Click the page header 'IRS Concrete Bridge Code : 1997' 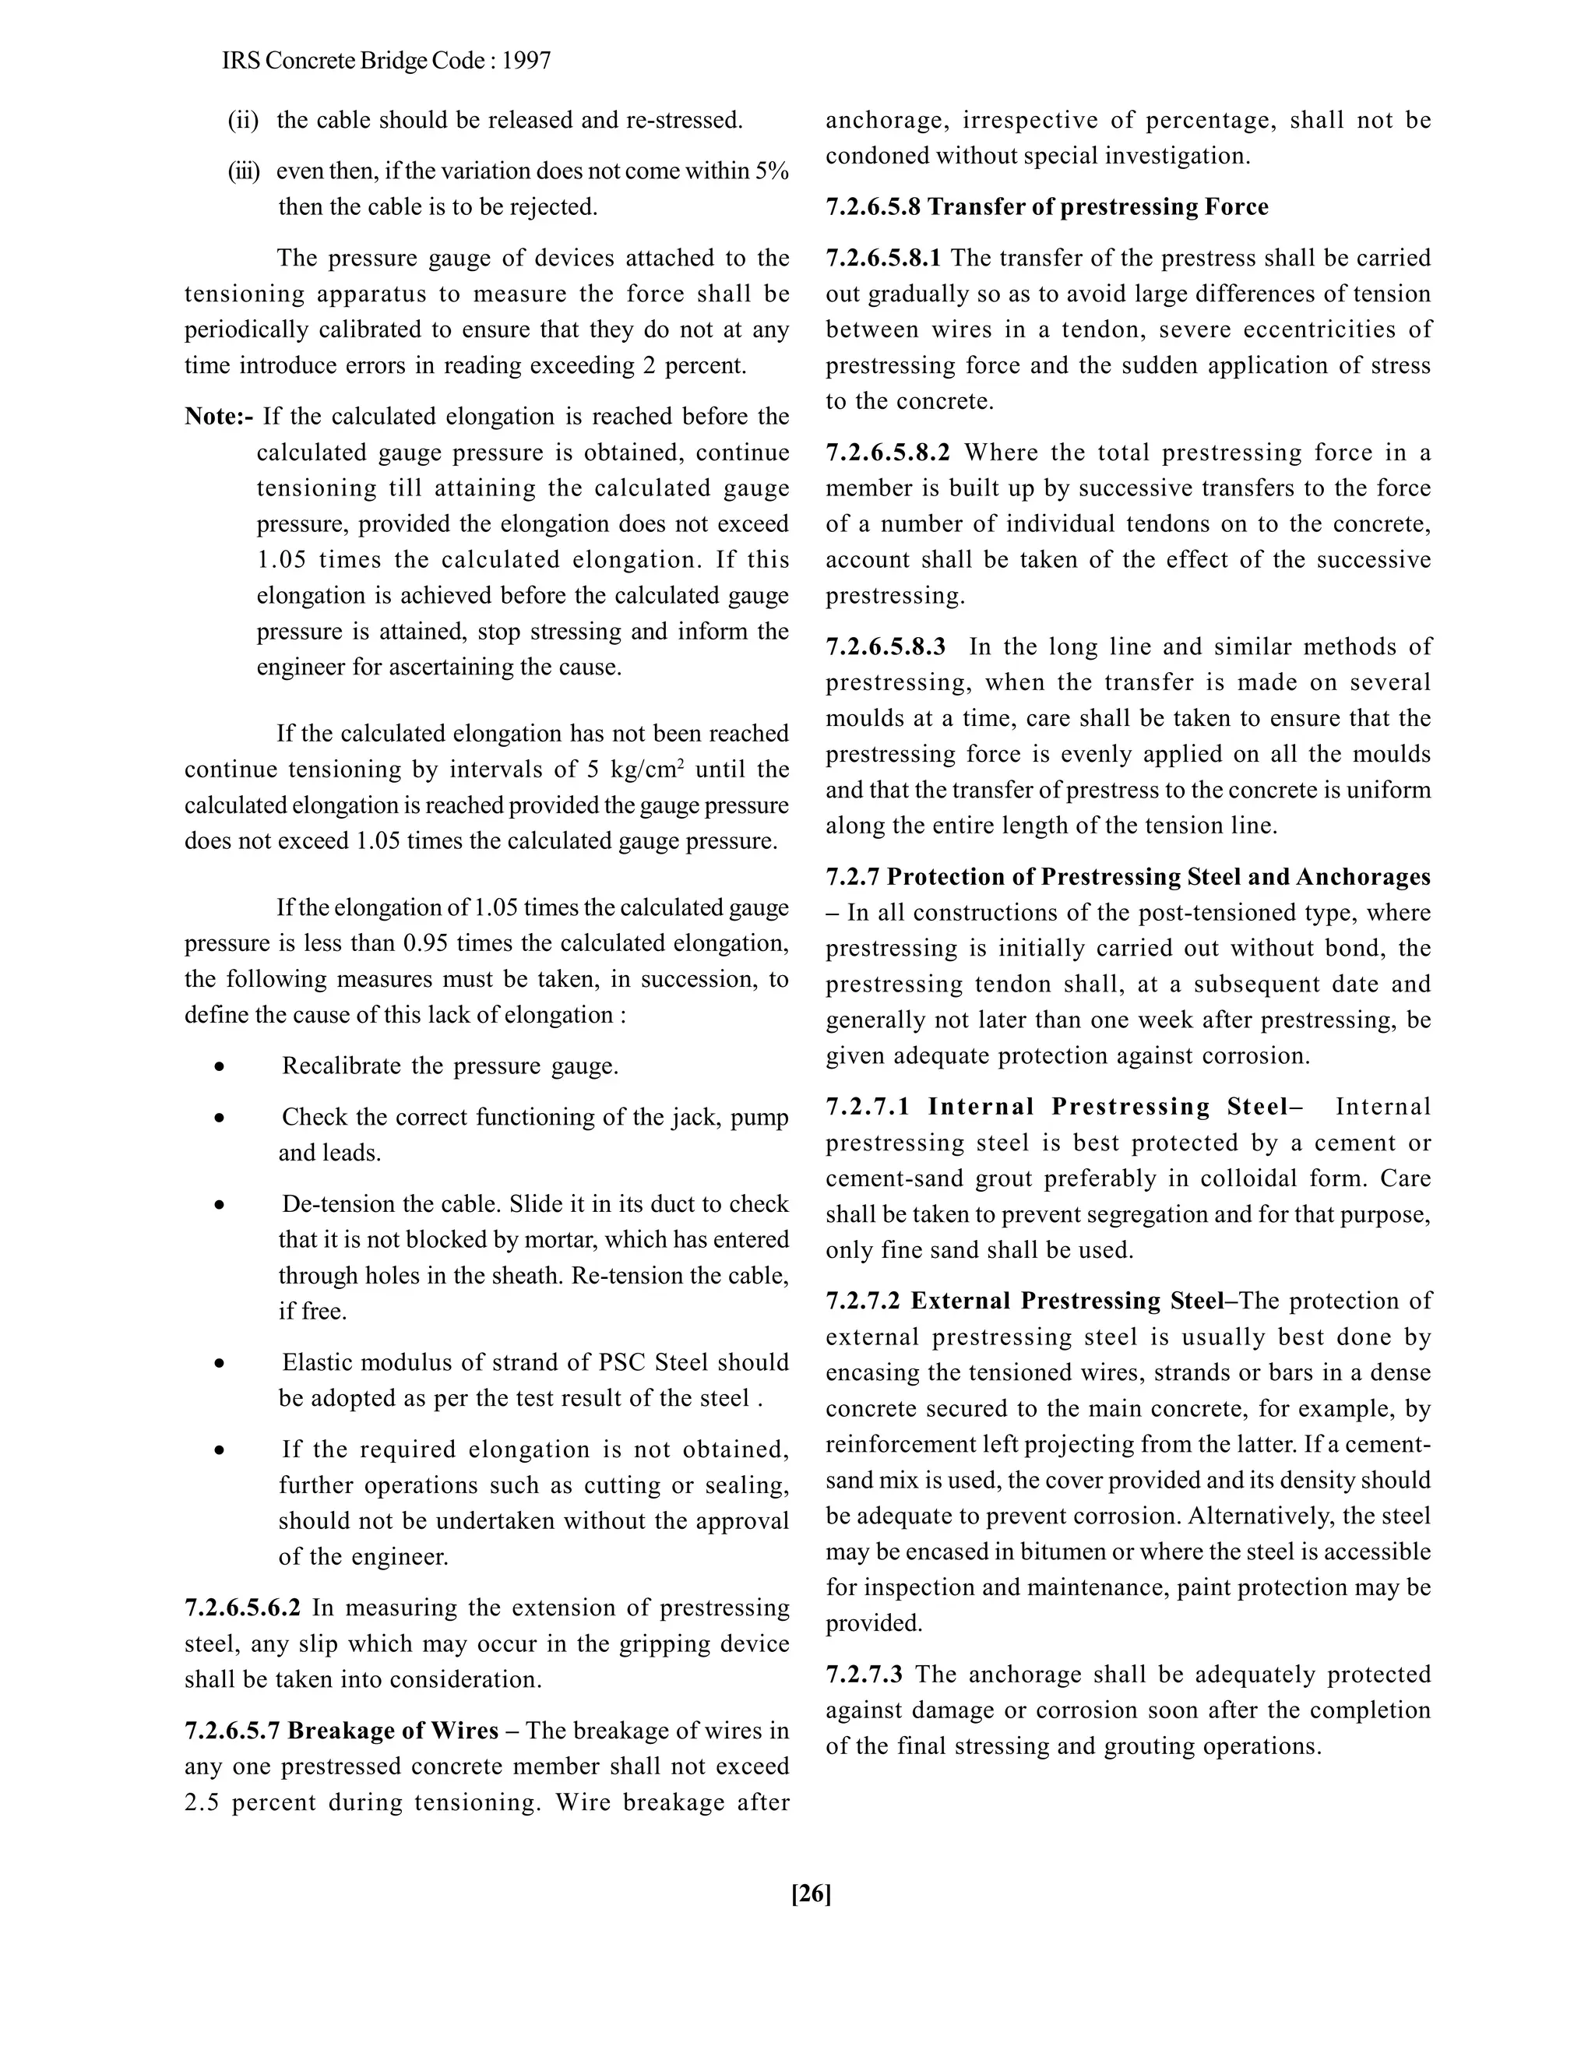click(x=386, y=62)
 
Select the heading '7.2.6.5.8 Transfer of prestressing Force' click(x=1047, y=207)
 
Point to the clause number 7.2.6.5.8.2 click(x=887, y=453)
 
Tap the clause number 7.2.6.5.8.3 click(x=886, y=647)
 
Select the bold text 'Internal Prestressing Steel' click(x=1107, y=1107)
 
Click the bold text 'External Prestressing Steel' click(x=1067, y=1301)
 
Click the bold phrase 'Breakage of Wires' click(x=393, y=1731)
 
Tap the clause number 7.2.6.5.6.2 click(x=243, y=1608)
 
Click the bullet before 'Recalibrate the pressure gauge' click(x=219, y=1067)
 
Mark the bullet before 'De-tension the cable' click(x=219, y=1205)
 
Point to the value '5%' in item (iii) click(x=772, y=172)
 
